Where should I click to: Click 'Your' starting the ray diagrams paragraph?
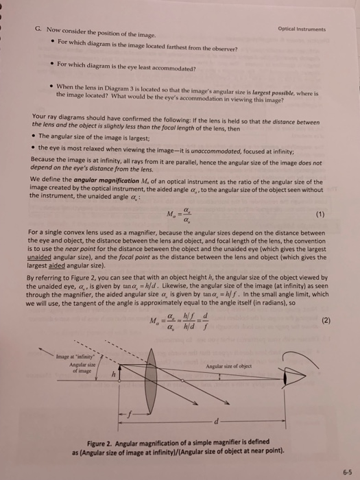tap(40, 117)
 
